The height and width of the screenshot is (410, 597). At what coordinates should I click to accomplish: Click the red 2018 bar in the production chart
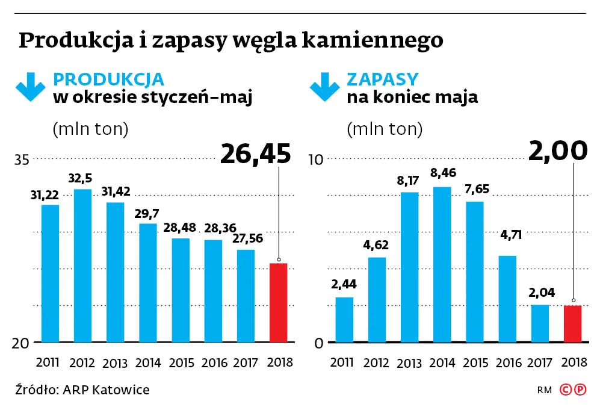tap(278, 302)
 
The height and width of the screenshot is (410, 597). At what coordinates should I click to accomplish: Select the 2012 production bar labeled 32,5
tap(82, 266)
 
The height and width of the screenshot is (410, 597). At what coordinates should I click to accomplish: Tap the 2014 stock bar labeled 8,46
tap(442, 264)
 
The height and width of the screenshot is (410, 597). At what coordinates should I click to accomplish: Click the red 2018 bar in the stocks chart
tap(572, 324)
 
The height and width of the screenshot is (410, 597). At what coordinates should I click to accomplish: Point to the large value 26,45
tap(255, 154)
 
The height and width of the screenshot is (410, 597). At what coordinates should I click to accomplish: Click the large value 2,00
tap(557, 151)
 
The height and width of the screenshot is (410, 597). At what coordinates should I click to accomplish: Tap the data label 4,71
tap(507, 235)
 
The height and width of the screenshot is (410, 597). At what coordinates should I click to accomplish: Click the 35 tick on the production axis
tap(22, 160)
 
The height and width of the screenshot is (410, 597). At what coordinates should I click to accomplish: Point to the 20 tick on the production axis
tap(22, 343)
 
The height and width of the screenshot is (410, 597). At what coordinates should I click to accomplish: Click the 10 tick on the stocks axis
tap(316, 160)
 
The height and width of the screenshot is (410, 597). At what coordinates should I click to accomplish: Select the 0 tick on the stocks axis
tap(320, 343)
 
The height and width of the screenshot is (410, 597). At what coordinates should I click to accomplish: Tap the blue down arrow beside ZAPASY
tap(324, 87)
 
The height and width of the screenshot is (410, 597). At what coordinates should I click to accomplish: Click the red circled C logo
tap(565, 390)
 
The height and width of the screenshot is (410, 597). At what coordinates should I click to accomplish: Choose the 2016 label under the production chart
tap(214, 362)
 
